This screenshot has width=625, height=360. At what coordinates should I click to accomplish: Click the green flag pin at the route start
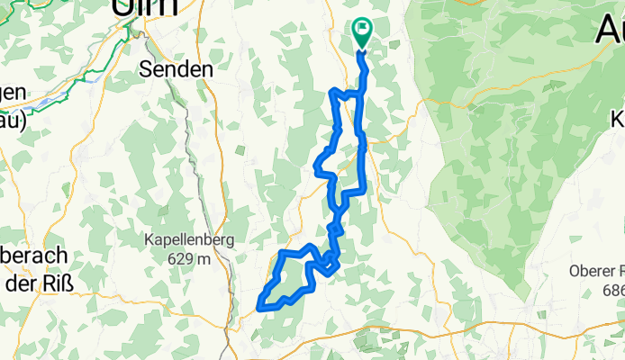click(x=362, y=30)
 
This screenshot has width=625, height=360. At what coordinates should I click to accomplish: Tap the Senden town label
click(x=177, y=68)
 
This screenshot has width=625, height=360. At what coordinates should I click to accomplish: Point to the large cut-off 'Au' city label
click(x=611, y=29)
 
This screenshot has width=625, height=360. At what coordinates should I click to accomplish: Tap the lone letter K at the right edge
click(x=619, y=118)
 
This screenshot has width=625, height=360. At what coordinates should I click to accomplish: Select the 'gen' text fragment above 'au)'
click(x=14, y=91)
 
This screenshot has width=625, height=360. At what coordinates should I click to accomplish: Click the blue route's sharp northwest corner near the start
click(x=334, y=92)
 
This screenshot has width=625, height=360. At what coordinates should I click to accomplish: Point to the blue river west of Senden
click(x=72, y=87)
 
